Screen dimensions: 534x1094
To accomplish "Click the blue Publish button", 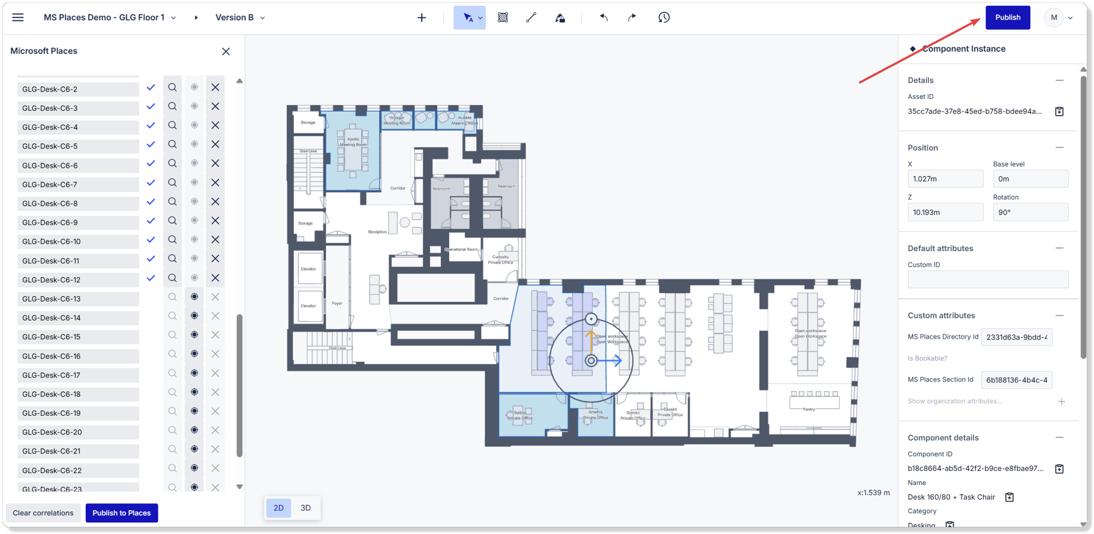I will click(x=1008, y=17).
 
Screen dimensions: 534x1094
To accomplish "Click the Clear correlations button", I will click(x=43, y=513).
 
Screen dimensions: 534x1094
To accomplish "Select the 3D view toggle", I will click(x=305, y=508).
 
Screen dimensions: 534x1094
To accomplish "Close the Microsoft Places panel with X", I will click(x=226, y=52).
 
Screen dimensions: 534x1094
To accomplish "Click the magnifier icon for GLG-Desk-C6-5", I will click(x=172, y=144).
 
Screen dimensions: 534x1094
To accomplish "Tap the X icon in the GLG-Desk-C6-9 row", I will click(x=215, y=221).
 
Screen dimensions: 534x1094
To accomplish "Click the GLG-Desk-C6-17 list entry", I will click(x=78, y=375).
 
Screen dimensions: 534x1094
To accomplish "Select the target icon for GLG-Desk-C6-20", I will click(x=194, y=430).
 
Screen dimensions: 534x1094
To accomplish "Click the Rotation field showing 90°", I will click(x=1030, y=212).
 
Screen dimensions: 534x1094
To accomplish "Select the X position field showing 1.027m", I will click(x=945, y=179).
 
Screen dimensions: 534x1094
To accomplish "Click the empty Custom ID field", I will click(x=987, y=279).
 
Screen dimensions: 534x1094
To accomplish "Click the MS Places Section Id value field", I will click(x=1016, y=380).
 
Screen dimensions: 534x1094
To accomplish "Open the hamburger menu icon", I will click(x=18, y=17).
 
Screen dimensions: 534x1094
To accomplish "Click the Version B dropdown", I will click(x=240, y=17).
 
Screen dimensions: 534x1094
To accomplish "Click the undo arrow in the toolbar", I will click(x=603, y=17).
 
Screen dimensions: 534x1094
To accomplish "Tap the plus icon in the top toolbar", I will click(x=422, y=17).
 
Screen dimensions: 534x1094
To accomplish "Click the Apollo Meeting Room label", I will click(x=353, y=142).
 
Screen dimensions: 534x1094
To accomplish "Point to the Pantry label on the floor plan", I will click(x=809, y=409).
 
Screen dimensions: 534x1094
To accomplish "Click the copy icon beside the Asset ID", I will click(x=1059, y=111).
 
